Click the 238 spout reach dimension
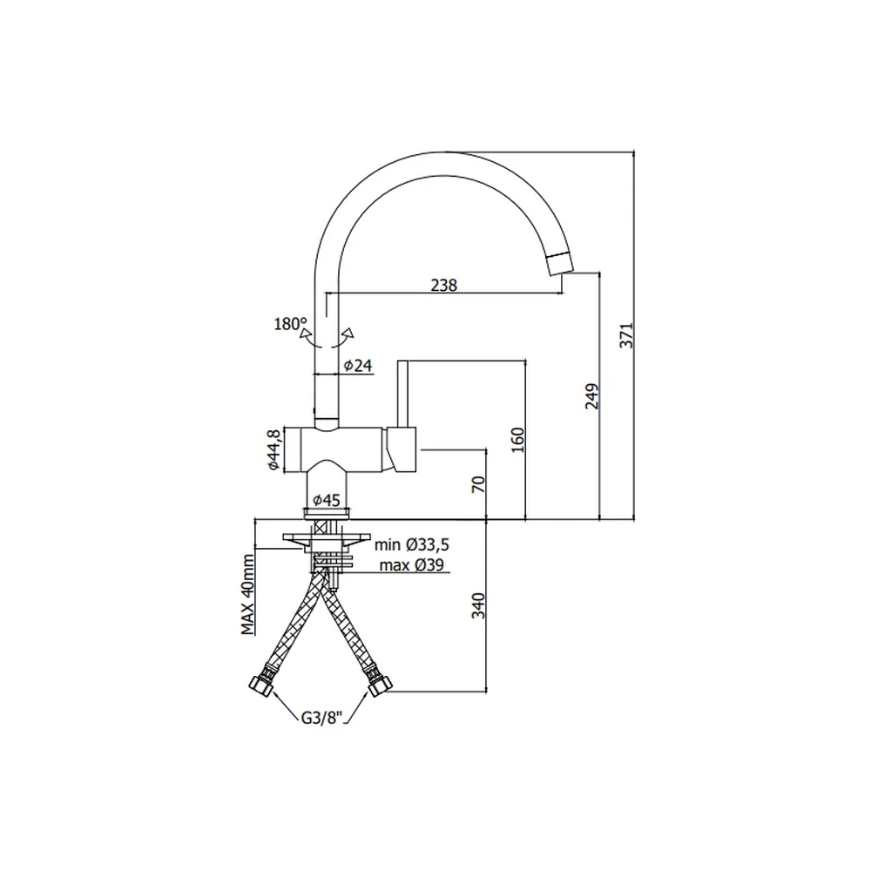[444, 285]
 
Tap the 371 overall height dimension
[626, 335]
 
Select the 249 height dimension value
[592, 396]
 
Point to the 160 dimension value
[517, 440]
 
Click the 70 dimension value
[478, 483]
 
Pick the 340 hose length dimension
[478, 605]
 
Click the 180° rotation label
[290, 324]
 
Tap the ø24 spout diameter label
[358, 366]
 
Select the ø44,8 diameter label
[273, 450]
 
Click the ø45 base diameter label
[326, 500]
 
